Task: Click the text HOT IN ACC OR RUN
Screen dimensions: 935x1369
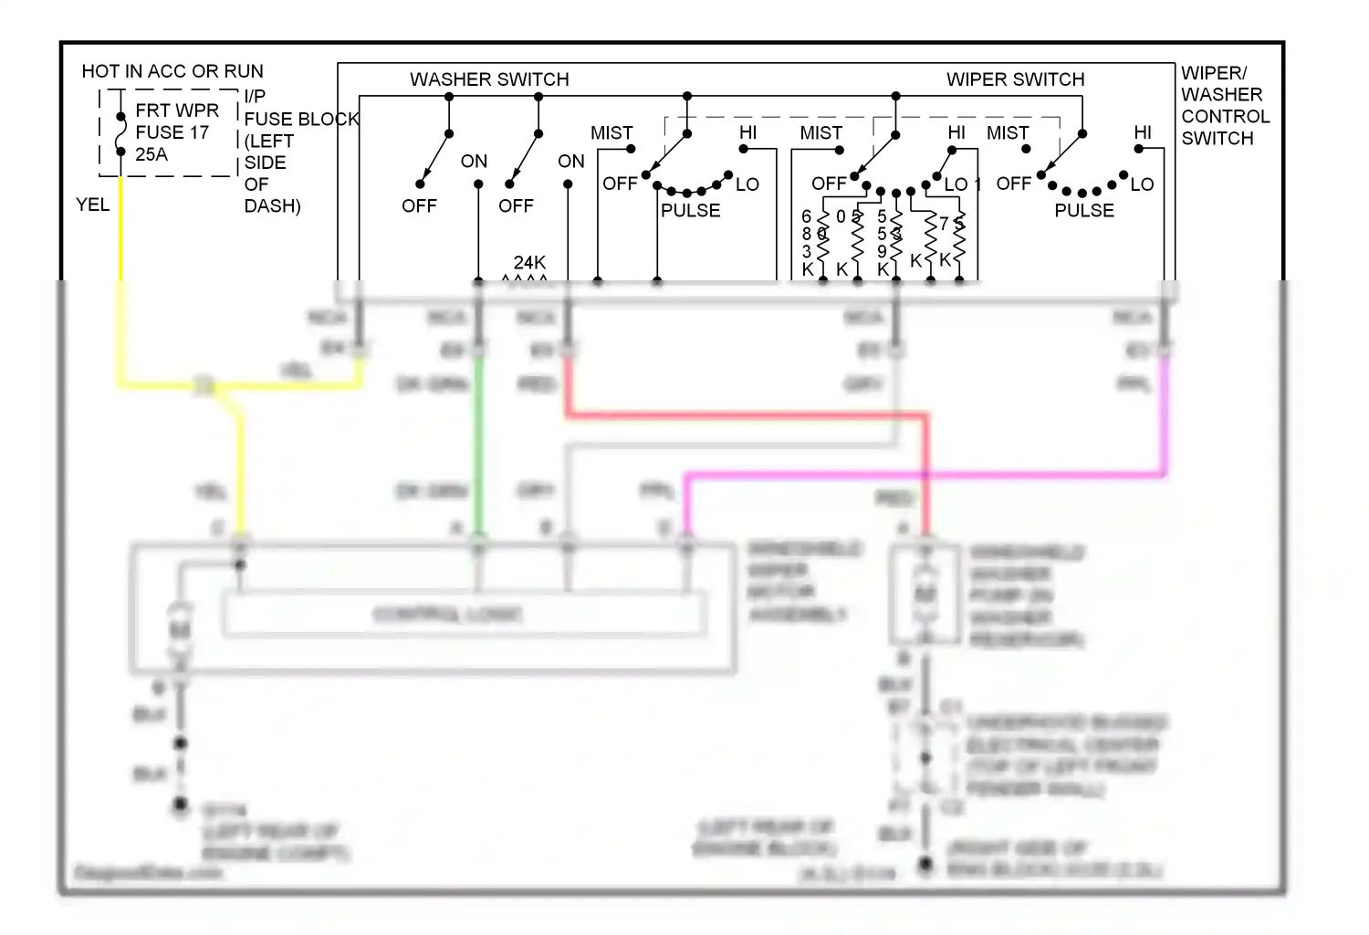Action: [x=172, y=71]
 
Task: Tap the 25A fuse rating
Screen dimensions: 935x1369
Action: [x=152, y=154]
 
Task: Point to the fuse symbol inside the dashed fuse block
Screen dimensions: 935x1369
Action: [x=120, y=133]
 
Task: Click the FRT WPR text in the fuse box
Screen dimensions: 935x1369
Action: [x=177, y=110]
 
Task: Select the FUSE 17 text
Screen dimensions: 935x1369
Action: [x=172, y=132]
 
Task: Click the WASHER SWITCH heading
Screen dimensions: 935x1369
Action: [x=489, y=79]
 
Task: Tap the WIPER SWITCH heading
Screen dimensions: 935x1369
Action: [x=1015, y=79]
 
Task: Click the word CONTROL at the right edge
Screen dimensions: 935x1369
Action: [x=1225, y=117]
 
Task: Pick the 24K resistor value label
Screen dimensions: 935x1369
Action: [x=529, y=262]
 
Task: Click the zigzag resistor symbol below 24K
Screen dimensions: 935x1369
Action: [x=526, y=278]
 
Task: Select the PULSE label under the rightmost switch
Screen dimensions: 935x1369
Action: [x=1084, y=210]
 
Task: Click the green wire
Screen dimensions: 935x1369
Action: [x=477, y=438]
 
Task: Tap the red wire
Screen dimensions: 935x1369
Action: [x=748, y=415]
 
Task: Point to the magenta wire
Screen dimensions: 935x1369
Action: [x=922, y=475]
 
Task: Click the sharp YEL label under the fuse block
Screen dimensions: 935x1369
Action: [x=92, y=205]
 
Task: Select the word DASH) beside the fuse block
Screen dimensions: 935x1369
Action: [x=272, y=206]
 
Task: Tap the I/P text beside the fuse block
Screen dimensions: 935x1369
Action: [x=255, y=96]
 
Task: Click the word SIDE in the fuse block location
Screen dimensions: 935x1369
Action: [x=265, y=163]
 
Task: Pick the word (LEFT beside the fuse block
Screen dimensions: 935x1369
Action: [x=268, y=141]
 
